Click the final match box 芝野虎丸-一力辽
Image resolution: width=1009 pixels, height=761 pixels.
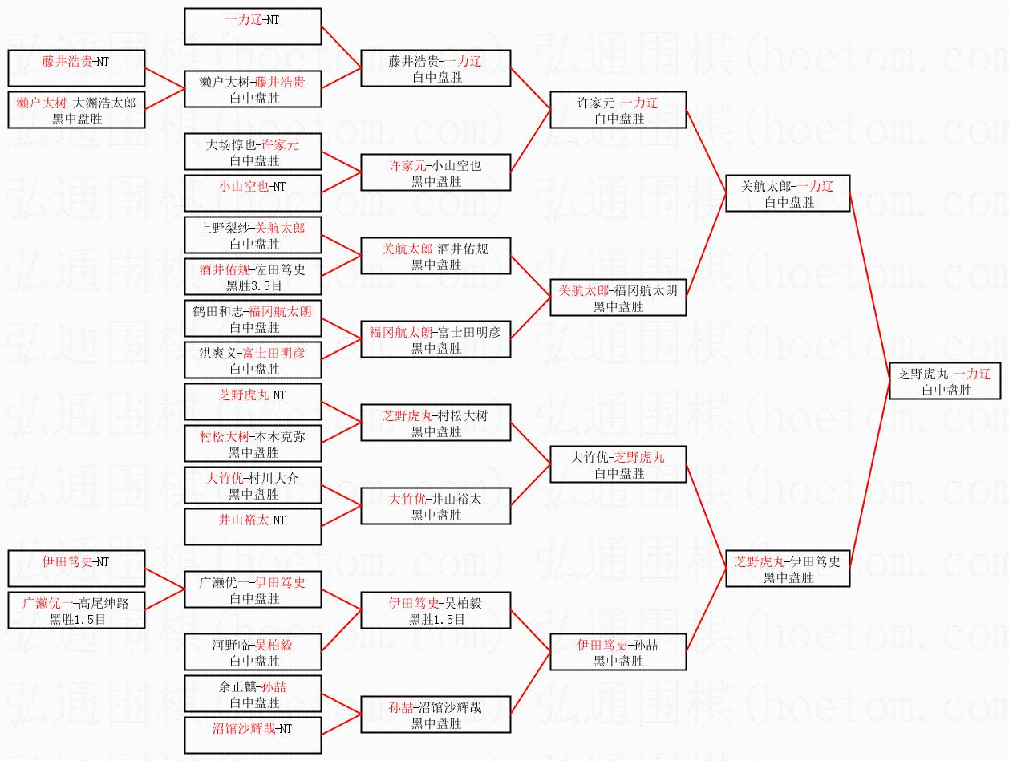(x=946, y=381)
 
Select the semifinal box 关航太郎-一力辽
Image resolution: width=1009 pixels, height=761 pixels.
(x=787, y=194)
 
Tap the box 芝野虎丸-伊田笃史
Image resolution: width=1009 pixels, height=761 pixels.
(x=787, y=569)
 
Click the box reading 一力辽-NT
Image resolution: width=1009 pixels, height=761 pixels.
(x=253, y=26)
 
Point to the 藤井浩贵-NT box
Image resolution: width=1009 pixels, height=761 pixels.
(x=76, y=68)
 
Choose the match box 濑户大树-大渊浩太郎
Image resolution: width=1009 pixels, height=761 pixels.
(x=76, y=110)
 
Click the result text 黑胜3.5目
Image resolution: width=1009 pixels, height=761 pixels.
(x=253, y=285)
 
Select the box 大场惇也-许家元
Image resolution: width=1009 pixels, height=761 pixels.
(x=253, y=152)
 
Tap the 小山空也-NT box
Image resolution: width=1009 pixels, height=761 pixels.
(x=253, y=193)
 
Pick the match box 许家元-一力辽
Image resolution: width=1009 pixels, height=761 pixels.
(x=618, y=110)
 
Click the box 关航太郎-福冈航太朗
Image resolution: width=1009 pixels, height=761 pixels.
(x=618, y=298)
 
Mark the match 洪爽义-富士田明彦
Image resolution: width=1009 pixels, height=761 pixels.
(x=253, y=360)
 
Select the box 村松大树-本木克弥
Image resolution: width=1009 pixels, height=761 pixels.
(x=253, y=443)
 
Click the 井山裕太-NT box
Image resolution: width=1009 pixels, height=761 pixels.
(x=253, y=527)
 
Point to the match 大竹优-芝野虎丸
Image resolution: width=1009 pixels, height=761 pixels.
(x=618, y=464)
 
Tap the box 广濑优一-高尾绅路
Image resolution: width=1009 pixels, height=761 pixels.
(x=76, y=610)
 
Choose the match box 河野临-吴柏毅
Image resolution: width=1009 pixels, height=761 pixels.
(x=253, y=652)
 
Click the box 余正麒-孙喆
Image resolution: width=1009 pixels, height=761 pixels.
(x=253, y=694)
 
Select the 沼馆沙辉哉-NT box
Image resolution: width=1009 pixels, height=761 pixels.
(x=253, y=735)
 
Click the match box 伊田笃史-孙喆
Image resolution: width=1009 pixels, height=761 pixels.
(x=618, y=652)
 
